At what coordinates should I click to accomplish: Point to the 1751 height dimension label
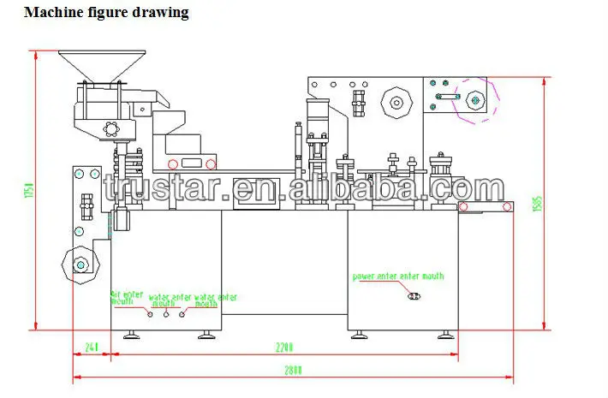pyautogui.click(x=27, y=190)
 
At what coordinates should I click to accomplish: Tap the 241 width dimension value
pyautogui.click(x=92, y=348)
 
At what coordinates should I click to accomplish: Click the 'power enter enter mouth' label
pyautogui.click(x=398, y=276)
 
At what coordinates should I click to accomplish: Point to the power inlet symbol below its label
pyautogui.click(x=414, y=296)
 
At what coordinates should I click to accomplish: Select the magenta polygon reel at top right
pyautogui.click(x=474, y=99)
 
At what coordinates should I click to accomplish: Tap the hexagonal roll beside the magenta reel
pyautogui.click(x=396, y=103)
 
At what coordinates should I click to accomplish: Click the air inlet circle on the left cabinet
pyautogui.click(x=151, y=314)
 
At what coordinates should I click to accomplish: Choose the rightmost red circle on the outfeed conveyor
pyautogui.click(x=507, y=206)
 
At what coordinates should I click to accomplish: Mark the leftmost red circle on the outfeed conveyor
pyautogui.click(x=463, y=206)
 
